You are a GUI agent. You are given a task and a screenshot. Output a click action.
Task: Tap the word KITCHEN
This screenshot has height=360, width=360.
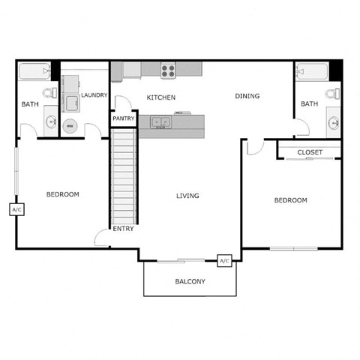tap(160, 97)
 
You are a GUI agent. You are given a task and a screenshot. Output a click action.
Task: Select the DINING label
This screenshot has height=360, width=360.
tap(247, 96)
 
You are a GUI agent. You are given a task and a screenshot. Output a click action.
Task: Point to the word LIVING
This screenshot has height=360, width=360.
tap(187, 196)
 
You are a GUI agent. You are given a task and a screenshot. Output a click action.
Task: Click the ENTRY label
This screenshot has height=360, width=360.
tap(123, 229)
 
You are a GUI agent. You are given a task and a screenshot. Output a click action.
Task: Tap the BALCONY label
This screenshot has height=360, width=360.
tap(190, 282)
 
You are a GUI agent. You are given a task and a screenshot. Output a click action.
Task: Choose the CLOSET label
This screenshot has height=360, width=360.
tap(310, 152)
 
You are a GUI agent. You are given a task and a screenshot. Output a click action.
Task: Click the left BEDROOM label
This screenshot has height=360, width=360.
tap(63, 194)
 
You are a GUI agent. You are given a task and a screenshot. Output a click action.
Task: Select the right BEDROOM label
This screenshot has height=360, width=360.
tap(290, 200)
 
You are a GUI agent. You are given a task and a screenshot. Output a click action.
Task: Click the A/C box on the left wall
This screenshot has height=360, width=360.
tap(16, 209)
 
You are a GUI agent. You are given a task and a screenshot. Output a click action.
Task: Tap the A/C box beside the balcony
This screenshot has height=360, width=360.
tap(223, 261)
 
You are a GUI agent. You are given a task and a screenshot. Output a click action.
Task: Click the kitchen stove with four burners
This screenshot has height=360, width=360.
tap(169, 70)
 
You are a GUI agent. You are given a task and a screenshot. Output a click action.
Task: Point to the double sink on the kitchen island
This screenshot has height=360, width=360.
tap(160, 121)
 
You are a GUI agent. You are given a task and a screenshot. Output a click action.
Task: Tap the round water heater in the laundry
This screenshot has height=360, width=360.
tap(70, 127)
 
